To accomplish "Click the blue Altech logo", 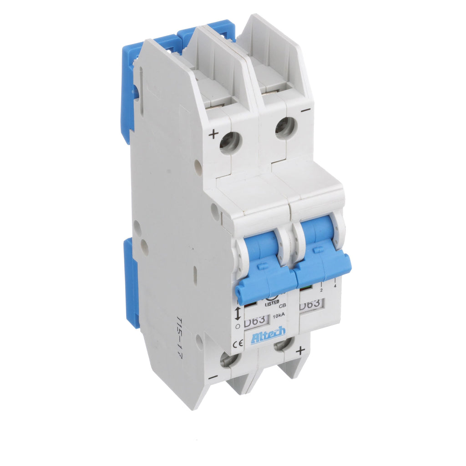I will coord(268,335).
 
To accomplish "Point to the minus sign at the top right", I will coord(306,109).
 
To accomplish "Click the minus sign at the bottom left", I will coord(212,377).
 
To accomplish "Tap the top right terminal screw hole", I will coord(285,128).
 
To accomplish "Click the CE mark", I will coord(237,344).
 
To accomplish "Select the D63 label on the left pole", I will coord(255,321).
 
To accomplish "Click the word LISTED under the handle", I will coord(272,302).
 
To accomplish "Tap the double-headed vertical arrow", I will coord(237,313).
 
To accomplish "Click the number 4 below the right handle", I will coord(335,285).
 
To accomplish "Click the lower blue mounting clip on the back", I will coord(132,282).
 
